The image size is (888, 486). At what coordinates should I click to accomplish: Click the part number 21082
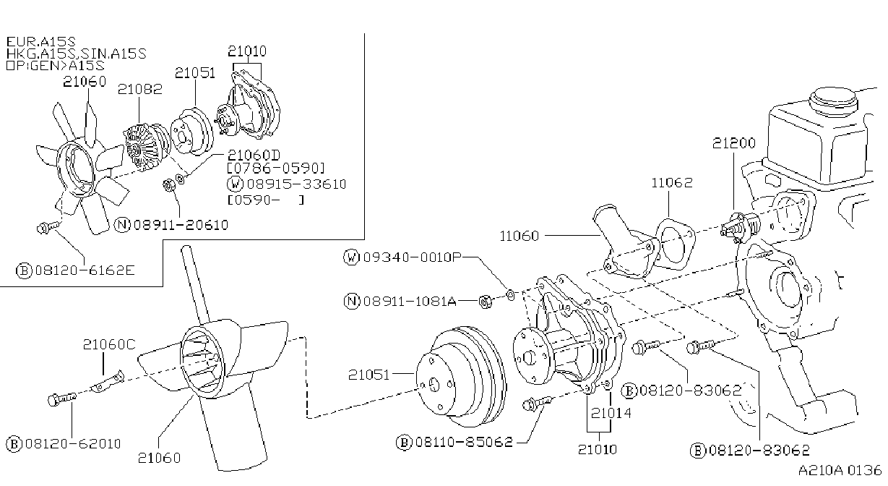click(x=140, y=89)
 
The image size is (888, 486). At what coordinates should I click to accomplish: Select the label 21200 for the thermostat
click(x=734, y=142)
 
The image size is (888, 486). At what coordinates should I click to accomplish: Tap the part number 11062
click(x=672, y=182)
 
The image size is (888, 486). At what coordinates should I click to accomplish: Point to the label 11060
click(x=519, y=236)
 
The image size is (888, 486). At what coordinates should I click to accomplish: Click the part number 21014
click(x=611, y=414)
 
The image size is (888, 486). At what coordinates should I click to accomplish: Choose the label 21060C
click(x=109, y=344)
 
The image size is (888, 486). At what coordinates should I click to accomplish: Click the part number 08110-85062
click(x=464, y=442)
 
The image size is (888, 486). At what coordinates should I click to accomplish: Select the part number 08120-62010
click(x=73, y=443)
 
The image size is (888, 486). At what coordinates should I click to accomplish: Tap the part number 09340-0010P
click(x=413, y=257)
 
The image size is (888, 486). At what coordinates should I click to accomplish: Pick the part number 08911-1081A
click(x=410, y=302)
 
